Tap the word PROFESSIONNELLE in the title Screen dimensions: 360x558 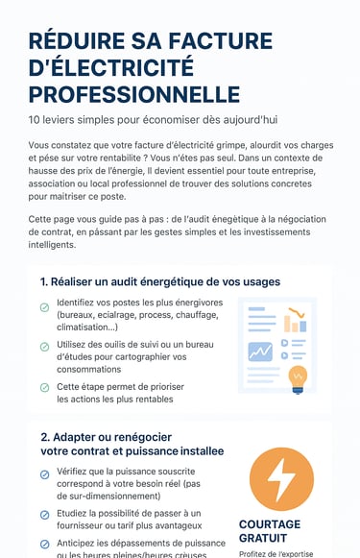click(x=134, y=94)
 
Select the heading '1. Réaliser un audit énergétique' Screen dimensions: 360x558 click(x=160, y=281)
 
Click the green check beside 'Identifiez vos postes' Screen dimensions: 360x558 click(x=44, y=307)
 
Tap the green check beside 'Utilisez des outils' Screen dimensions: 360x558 click(x=44, y=347)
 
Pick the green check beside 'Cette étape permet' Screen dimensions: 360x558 click(x=44, y=387)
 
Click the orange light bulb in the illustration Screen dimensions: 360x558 click(x=298, y=377)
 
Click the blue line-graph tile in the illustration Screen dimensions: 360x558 click(x=259, y=352)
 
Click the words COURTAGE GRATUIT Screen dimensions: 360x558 click(x=269, y=531)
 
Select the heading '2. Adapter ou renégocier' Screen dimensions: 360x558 click(x=132, y=443)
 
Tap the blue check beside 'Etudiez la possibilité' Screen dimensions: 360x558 click(x=44, y=515)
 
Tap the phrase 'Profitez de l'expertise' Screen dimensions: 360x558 click(x=274, y=552)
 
